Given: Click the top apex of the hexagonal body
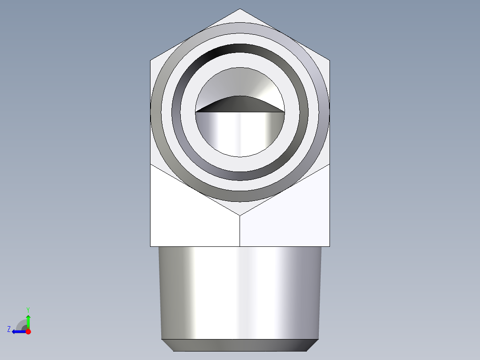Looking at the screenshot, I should [240, 9].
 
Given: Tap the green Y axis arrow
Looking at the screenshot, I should [28, 320].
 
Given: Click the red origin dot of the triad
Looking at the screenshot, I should [28, 331].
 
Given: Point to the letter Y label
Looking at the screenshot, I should [28, 309].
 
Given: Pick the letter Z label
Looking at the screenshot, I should [9, 329].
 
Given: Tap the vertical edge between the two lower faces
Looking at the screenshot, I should [240, 232].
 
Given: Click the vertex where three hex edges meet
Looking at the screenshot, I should [240, 216].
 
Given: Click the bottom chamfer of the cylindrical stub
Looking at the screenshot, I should [240, 345].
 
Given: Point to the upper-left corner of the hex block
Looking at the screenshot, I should [151, 60].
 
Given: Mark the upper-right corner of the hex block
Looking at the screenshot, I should [330, 60].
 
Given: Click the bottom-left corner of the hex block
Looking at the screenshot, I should [151, 246].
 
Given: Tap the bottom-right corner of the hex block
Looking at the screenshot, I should [330, 246].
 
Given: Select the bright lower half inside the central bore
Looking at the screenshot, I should [240, 134].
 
